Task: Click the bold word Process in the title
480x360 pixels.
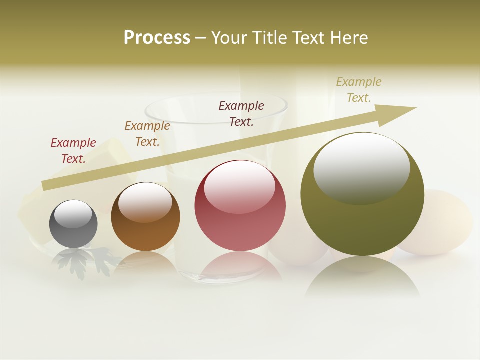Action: [x=157, y=38]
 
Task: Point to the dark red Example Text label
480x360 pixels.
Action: [x=73, y=150]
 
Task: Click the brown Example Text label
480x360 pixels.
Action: [x=147, y=133]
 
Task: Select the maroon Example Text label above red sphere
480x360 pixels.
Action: [x=241, y=113]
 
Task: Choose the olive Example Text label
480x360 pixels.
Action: [x=359, y=90]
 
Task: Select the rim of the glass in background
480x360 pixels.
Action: [x=215, y=100]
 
